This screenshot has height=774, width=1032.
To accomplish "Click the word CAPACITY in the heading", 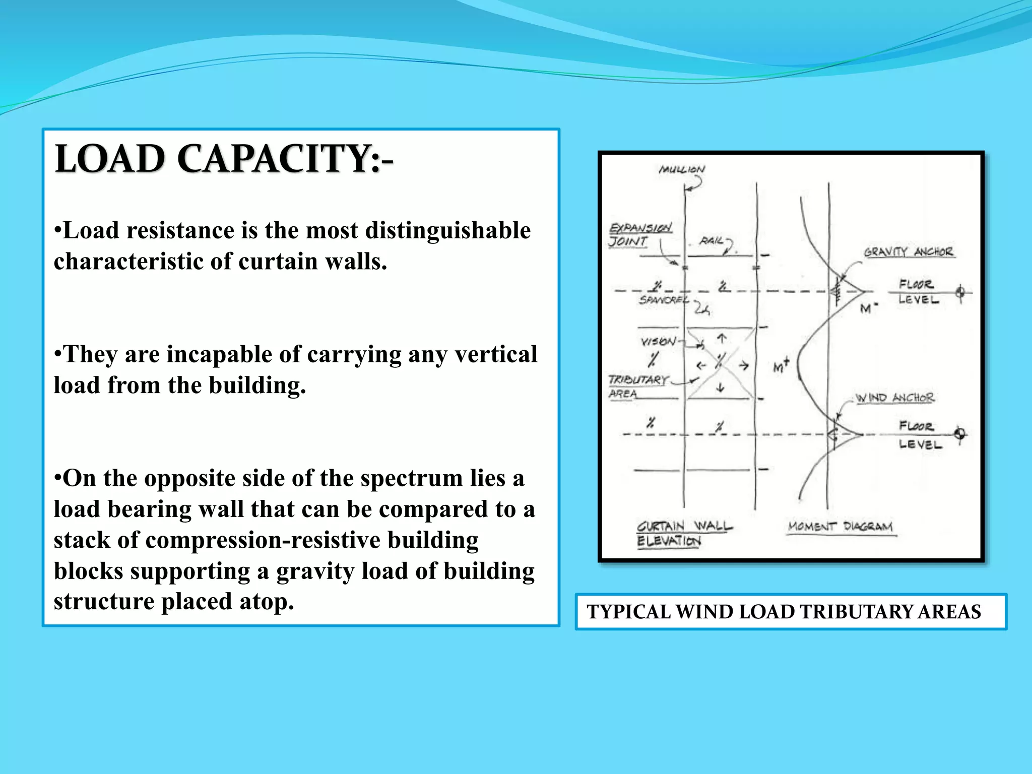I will point(275,159).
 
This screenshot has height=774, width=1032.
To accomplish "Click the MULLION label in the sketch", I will point(682,170).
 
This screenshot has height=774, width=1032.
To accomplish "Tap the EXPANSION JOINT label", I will point(640,235).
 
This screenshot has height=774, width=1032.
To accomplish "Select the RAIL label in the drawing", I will point(712,241).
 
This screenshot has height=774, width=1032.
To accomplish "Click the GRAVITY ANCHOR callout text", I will point(908,252).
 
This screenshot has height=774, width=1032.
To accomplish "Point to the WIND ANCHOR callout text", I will point(895,398).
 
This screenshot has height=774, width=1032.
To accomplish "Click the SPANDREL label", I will point(663,300).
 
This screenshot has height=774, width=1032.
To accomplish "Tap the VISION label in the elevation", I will point(658,342).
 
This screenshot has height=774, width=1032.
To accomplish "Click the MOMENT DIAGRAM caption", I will point(840,527).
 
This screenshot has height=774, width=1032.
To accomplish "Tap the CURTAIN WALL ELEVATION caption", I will point(683,534).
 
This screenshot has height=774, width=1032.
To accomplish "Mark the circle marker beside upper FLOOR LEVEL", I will point(960,292).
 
